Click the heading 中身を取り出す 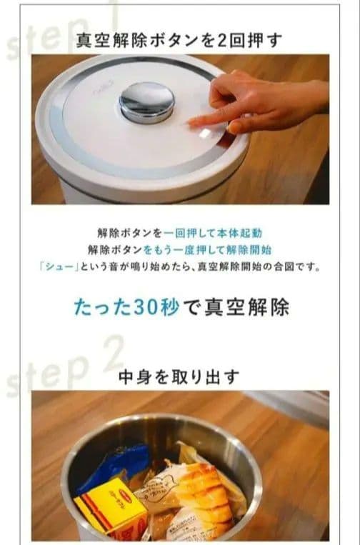(x=179, y=376)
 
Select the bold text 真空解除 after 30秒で (x=253, y=307)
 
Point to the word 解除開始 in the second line (x=247, y=249)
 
